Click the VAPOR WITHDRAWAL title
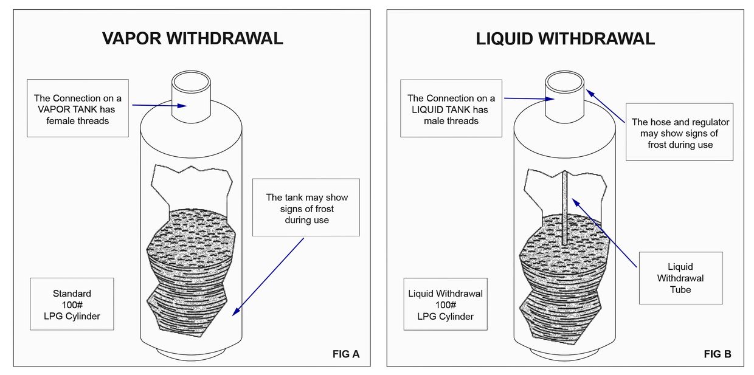click(x=192, y=38)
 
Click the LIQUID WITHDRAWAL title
click(x=565, y=39)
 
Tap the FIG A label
click(x=347, y=354)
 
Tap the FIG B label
click(x=718, y=354)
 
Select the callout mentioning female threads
click(x=78, y=109)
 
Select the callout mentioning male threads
click(x=451, y=109)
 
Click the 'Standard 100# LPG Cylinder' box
click(x=72, y=304)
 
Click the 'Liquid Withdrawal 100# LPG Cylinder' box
click(x=445, y=304)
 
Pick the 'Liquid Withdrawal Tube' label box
click(x=680, y=278)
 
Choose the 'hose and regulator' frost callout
click(x=680, y=133)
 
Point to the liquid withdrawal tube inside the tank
click(x=565, y=207)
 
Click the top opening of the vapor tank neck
click(x=192, y=81)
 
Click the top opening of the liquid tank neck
click(x=565, y=81)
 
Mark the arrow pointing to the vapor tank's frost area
click(x=268, y=277)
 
